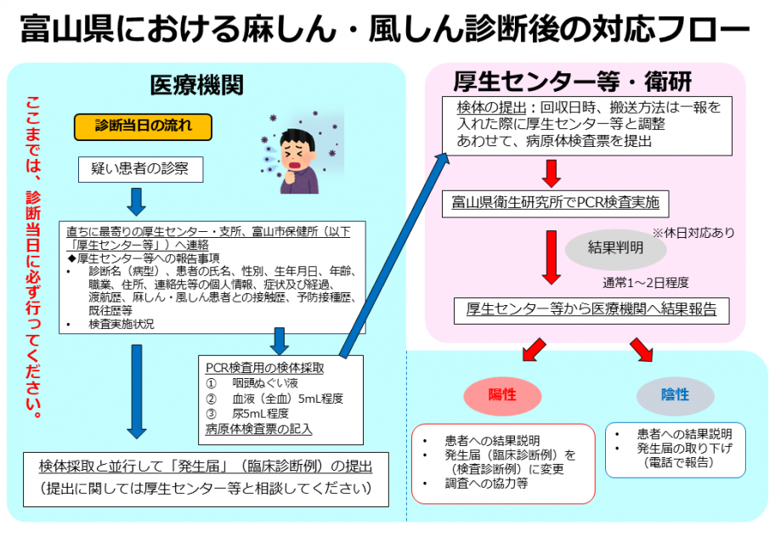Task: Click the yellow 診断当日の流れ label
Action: [x=143, y=127]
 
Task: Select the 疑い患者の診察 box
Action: [x=140, y=169]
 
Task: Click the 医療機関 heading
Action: [x=196, y=85]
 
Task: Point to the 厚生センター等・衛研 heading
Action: [x=573, y=82]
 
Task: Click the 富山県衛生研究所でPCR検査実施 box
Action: [x=555, y=204]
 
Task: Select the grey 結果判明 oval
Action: [x=615, y=248]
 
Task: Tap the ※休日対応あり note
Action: [x=693, y=233]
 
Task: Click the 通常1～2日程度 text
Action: [x=646, y=283]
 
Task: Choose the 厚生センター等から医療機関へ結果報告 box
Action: [x=591, y=310]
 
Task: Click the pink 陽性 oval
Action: [x=502, y=395]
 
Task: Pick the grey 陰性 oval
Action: [x=676, y=395]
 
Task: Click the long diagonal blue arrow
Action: [x=394, y=255]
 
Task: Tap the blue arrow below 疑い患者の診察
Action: [x=137, y=201]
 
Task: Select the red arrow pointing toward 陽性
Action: [x=534, y=350]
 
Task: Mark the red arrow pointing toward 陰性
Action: [x=642, y=350]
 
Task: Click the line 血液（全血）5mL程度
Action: [x=274, y=399]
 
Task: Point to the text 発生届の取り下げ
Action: [x=684, y=449]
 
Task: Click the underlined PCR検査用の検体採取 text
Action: [x=265, y=368]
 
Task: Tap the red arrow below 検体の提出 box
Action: [x=552, y=173]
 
